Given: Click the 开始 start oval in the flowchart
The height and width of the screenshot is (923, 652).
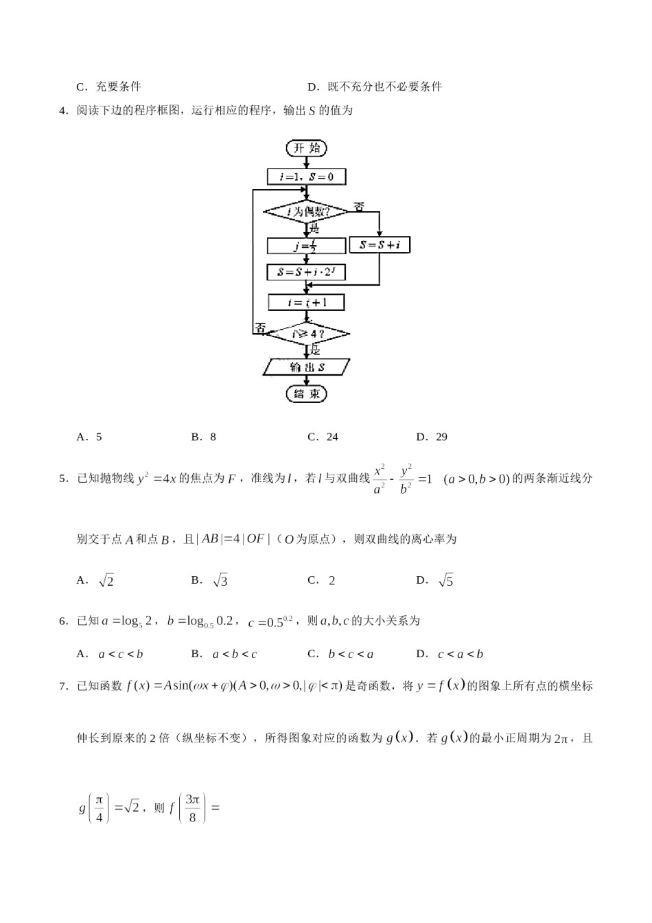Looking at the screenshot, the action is (x=306, y=148).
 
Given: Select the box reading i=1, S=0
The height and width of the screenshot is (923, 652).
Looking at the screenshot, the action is (x=306, y=176).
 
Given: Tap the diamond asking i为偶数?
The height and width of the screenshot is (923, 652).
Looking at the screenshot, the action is (x=305, y=212).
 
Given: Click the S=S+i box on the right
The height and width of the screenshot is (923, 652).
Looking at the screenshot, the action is (x=380, y=244).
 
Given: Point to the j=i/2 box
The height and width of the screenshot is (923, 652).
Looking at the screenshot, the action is (x=306, y=246).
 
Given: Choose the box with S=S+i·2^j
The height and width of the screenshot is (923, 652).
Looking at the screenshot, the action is (x=306, y=273).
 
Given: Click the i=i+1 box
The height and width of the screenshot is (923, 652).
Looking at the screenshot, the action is (x=306, y=302).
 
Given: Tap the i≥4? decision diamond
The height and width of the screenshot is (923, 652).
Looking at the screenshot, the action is (x=306, y=334).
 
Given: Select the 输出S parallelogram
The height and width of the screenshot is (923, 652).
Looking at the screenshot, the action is (x=306, y=367).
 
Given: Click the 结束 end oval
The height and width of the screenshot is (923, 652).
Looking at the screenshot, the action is (x=306, y=394).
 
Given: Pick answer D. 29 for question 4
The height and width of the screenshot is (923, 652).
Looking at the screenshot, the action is (x=432, y=437).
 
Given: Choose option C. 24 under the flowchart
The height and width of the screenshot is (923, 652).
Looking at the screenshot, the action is (x=323, y=437).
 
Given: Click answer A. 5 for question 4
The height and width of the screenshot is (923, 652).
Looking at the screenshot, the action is (x=89, y=437).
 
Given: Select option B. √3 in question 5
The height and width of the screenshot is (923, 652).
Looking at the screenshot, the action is (x=209, y=580).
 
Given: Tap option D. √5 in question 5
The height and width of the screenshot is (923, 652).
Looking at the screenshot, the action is (x=434, y=580).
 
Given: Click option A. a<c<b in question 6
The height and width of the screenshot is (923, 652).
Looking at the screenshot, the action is (x=110, y=654).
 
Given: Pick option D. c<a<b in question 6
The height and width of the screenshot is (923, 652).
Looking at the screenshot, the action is (x=450, y=654).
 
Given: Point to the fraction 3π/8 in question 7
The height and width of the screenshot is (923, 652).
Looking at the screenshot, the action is (x=192, y=808).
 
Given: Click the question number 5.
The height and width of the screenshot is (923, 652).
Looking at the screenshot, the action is (x=63, y=479).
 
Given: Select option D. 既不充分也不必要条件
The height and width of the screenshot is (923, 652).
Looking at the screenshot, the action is (x=375, y=87).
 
